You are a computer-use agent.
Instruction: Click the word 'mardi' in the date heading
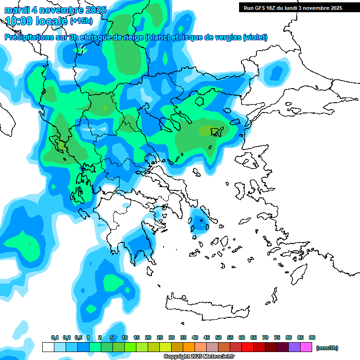tap(16, 9)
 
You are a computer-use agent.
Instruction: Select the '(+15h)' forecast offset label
tap(81, 21)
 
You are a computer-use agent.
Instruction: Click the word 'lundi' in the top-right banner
tap(299, 8)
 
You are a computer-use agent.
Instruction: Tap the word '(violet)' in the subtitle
tap(255, 37)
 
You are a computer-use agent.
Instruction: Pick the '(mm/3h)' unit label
tap(327, 348)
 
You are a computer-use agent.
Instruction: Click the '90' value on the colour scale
tap(312, 338)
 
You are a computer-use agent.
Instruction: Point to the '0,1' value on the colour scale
tap(54, 338)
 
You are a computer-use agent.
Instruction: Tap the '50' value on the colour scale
tap(218, 338)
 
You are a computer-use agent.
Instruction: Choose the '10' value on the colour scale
tap(125, 338)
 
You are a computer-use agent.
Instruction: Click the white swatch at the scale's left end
tap(48, 347)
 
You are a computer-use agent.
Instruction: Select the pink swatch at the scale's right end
tap(306, 347)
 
